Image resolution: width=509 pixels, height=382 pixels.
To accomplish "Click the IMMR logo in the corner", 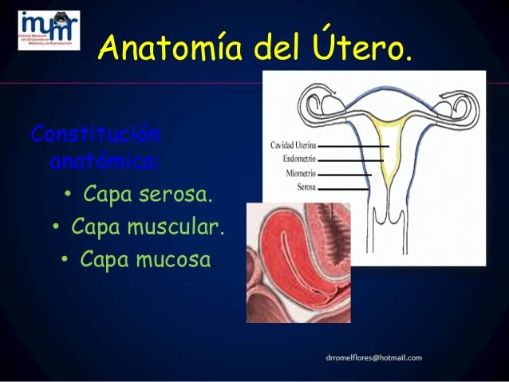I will tap(49, 30).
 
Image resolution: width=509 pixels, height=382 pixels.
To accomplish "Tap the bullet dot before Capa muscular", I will tap(57, 229).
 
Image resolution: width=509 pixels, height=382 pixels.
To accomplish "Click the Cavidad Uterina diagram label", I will tap(293, 146).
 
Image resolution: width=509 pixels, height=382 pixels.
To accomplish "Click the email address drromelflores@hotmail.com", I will tap(373, 358).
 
